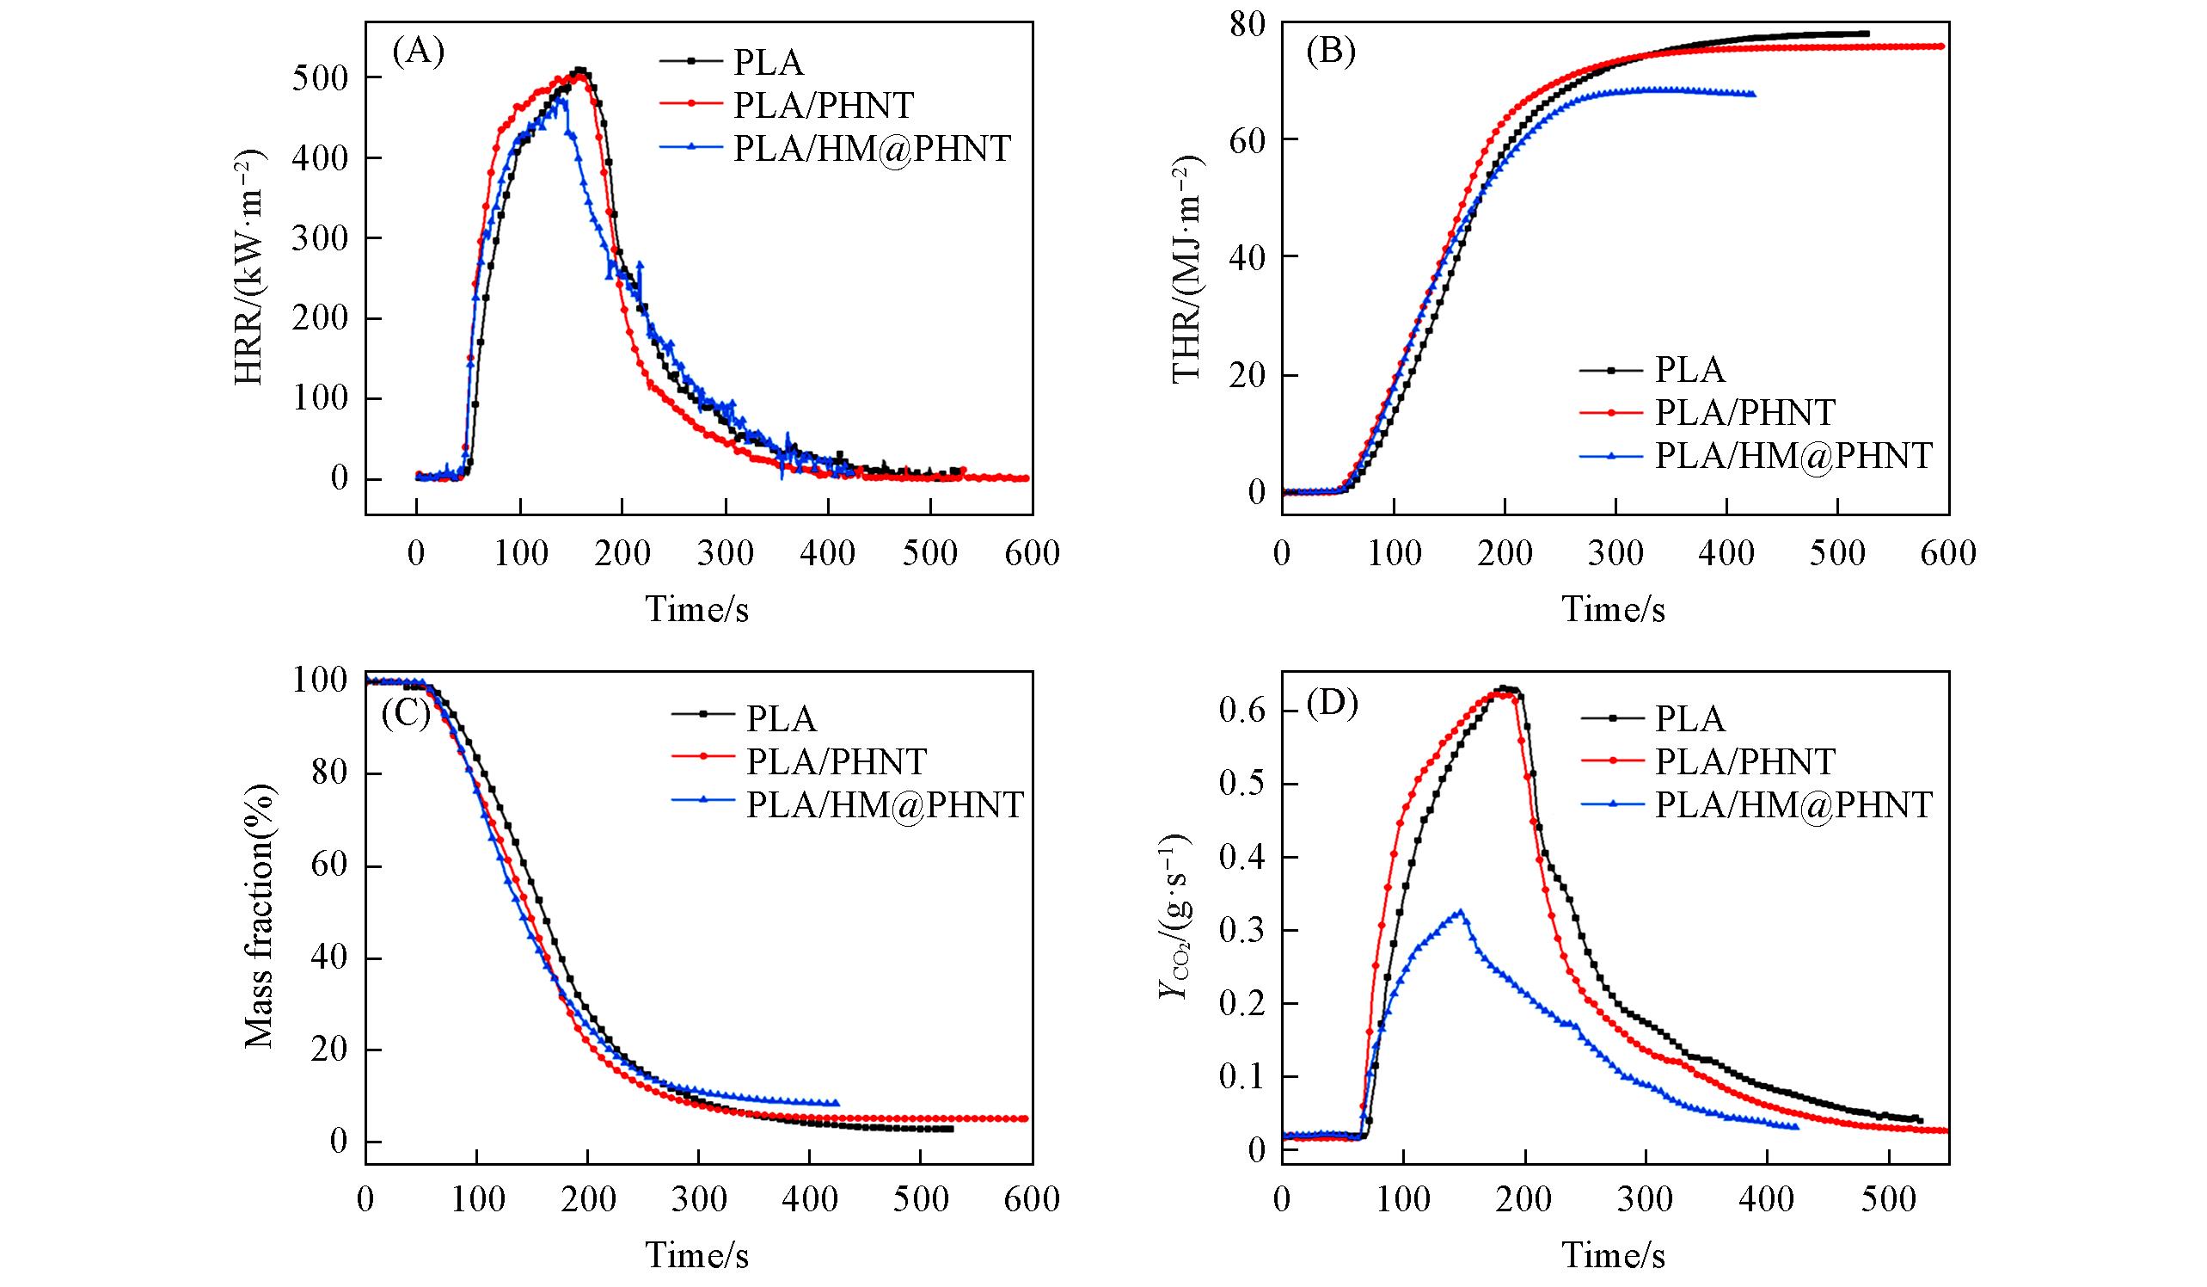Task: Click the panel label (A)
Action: click(x=419, y=52)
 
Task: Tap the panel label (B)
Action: click(x=1330, y=52)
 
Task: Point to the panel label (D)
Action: click(x=1331, y=704)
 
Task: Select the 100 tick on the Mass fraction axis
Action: click(x=321, y=680)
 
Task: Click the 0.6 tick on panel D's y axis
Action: click(x=1241, y=711)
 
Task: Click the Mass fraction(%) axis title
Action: click(x=260, y=916)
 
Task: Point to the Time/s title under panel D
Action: click(x=1613, y=1255)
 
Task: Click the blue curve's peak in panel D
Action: click(x=1460, y=912)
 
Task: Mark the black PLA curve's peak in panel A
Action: click(x=579, y=70)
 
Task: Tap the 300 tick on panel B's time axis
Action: click(x=1615, y=554)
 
